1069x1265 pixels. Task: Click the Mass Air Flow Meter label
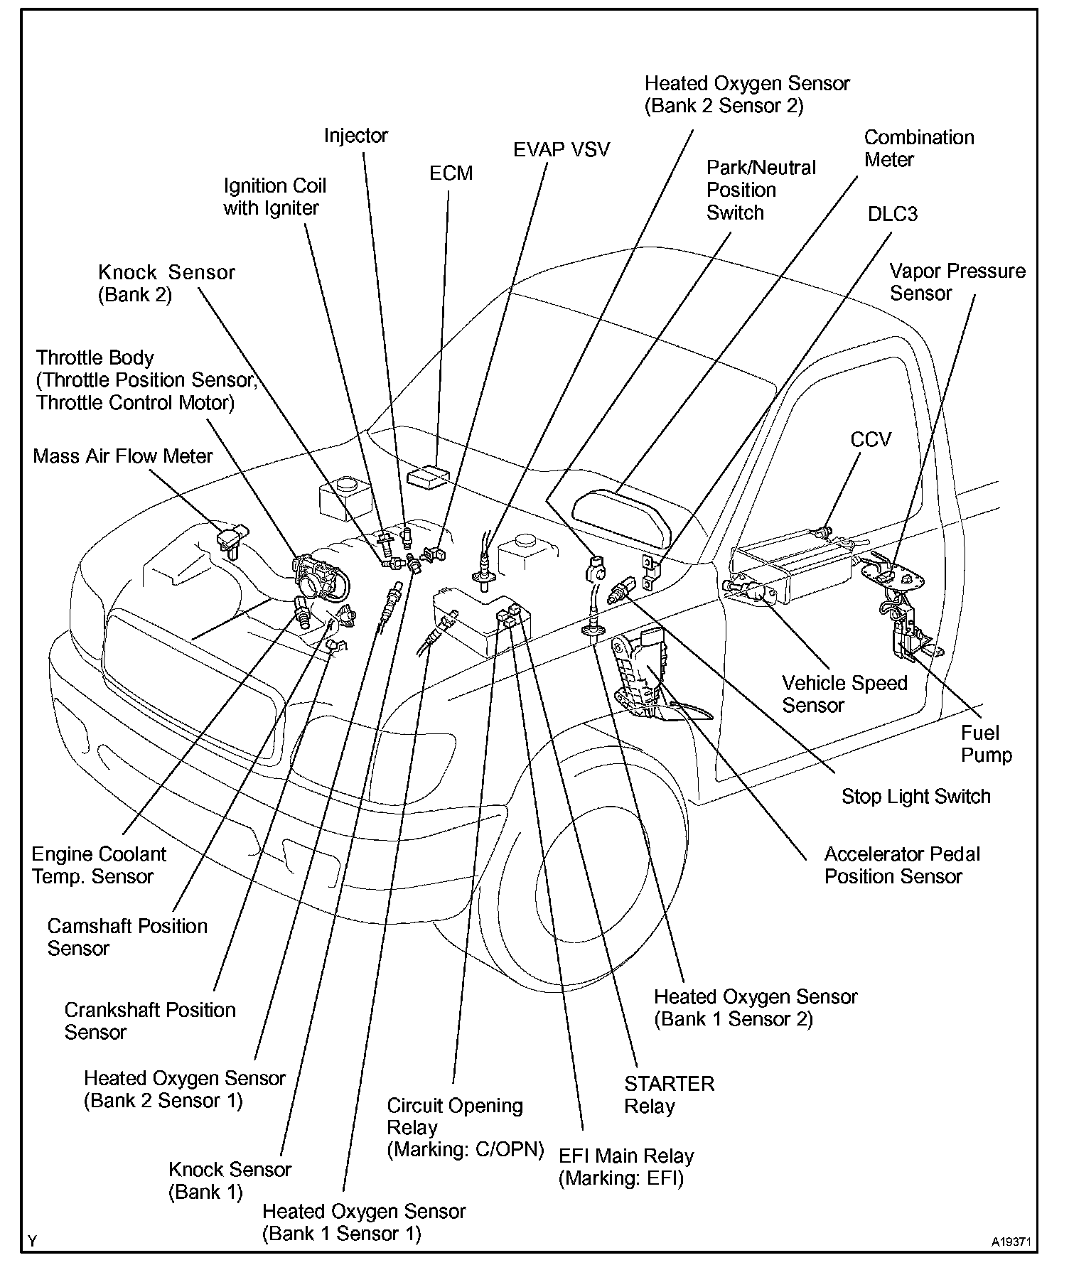[x=123, y=456]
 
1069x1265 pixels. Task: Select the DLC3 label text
[x=892, y=214]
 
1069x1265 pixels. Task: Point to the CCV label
[x=870, y=439]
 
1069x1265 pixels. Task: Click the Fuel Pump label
[x=986, y=743]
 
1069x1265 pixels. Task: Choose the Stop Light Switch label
[x=915, y=796]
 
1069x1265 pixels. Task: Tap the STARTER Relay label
[x=669, y=1094]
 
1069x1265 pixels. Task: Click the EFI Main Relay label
[x=625, y=1167]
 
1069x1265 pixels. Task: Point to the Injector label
[x=356, y=135]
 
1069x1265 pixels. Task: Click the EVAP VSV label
[x=562, y=149]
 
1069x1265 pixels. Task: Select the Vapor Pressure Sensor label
[x=957, y=282]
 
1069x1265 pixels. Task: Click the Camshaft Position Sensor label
[x=127, y=937]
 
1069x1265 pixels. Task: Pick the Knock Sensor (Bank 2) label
[x=166, y=283]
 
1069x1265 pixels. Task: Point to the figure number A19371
[x=1011, y=1242]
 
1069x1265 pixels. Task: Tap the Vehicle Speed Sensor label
[x=844, y=694]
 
